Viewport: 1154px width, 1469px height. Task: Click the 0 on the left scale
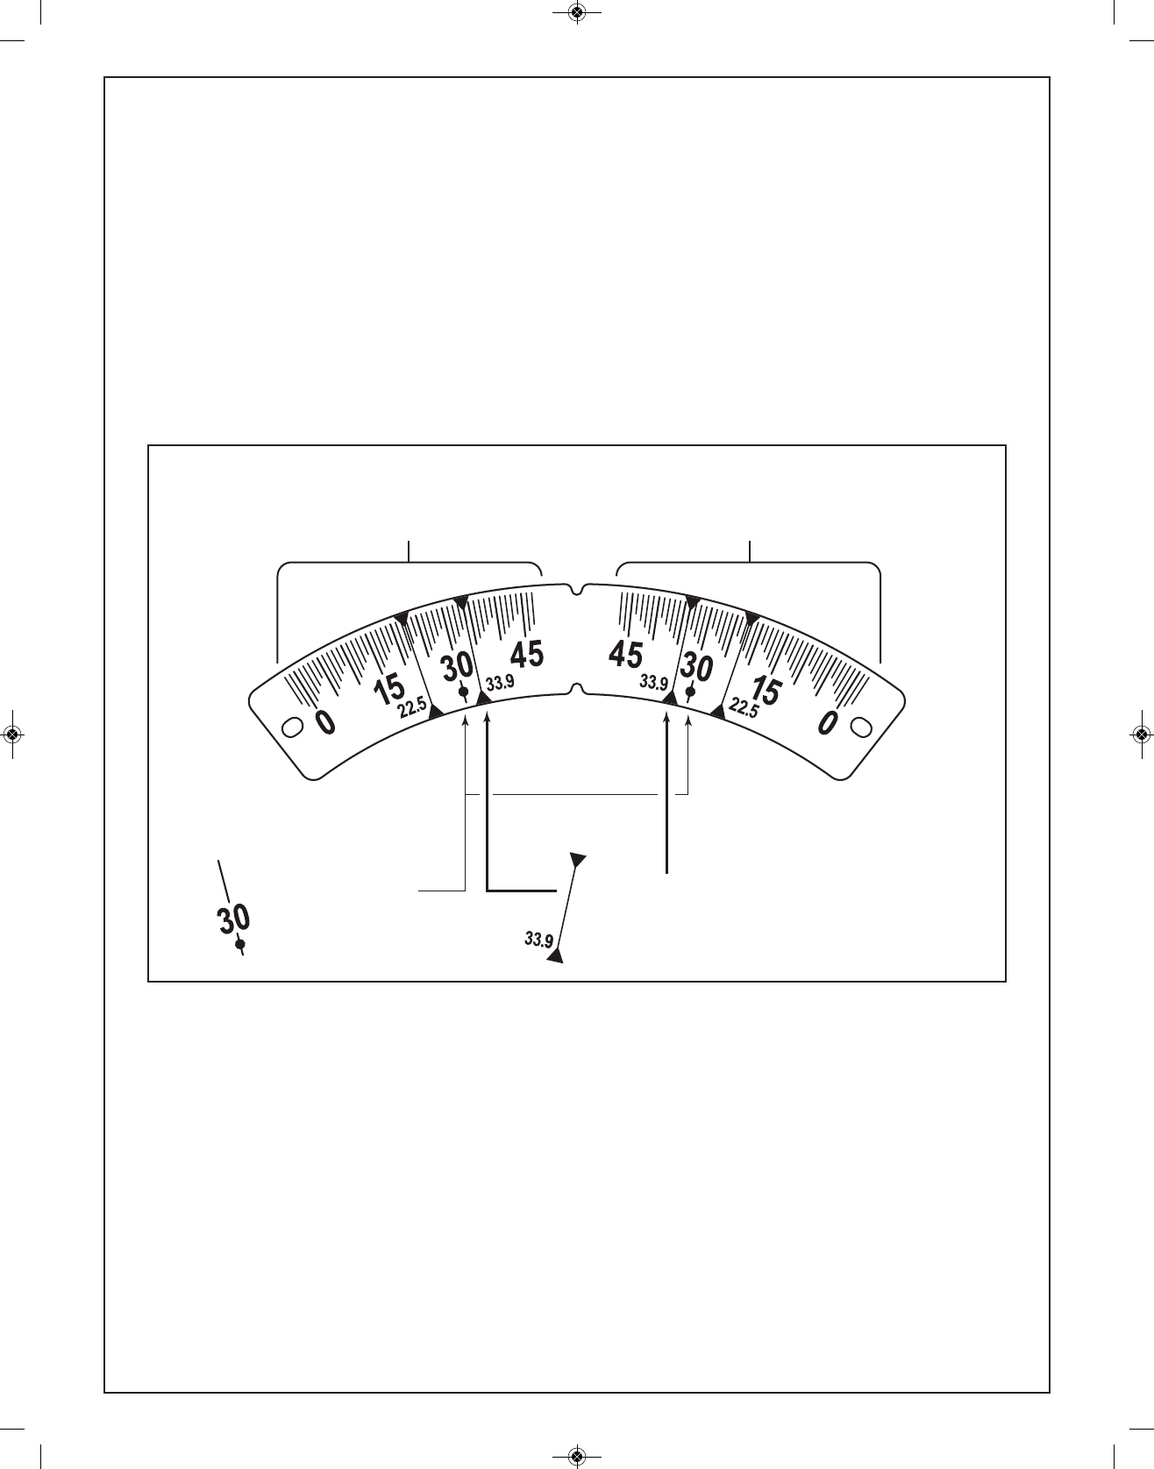point(324,721)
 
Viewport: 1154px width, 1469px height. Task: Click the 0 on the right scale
point(827,721)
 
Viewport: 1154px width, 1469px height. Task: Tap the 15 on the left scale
point(388,690)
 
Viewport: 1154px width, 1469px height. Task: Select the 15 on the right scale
point(765,690)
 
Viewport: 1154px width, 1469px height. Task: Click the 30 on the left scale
point(457,668)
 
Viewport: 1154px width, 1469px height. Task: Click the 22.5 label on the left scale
point(413,706)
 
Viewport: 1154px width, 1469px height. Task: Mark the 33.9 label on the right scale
point(653,681)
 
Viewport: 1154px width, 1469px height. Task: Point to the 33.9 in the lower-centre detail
point(538,940)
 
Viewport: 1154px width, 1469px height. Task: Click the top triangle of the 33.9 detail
point(578,859)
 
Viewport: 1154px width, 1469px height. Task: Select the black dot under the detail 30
point(240,945)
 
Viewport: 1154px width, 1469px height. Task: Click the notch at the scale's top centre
point(576,587)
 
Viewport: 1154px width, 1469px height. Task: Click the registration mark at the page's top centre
point(576,12)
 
